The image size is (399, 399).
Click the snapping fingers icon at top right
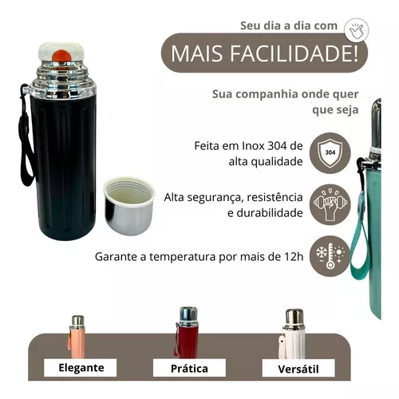click(x=355, y=30)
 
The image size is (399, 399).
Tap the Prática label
click(x=189, y=368)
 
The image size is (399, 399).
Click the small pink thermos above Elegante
click(x=77, y=336)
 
